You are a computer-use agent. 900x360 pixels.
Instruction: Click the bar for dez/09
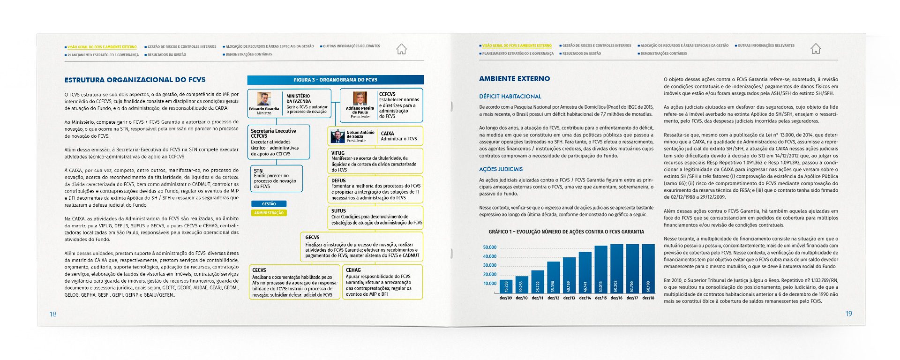click(x=506, y=286)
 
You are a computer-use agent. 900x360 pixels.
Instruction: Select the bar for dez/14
click(x=585, y=272)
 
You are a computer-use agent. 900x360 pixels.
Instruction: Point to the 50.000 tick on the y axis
click(x=489, y=247)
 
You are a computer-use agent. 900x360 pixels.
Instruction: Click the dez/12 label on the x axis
click(x=553, y=298)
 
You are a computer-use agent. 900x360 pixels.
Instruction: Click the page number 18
click(x=53, y=314)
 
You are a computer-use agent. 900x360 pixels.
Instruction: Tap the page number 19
click(x=848, y=314)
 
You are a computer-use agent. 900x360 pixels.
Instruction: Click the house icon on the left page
click(x=401, y=49)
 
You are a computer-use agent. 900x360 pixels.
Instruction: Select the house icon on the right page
click(x=816, y=48)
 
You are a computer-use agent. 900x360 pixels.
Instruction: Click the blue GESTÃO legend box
click(x=269, y=204)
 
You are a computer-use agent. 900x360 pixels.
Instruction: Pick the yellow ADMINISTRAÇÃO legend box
click(x=269, y=213)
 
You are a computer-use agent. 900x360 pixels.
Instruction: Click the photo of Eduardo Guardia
click(x=264, y=99)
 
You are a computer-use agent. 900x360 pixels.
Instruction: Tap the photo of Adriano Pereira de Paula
click(x=360, y=99)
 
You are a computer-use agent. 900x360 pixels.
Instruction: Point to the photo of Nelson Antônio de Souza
click(x=337, y=136)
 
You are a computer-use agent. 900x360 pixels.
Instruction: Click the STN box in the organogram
click(x=276, y=179)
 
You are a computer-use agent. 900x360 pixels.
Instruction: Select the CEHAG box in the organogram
click(x=382, y=282)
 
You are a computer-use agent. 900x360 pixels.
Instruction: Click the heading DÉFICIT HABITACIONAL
click(x=510, y=97)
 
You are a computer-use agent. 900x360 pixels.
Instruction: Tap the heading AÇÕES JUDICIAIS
click(x=501, y=169)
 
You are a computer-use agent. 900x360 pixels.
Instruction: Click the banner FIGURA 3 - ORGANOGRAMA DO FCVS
click(x=335, y=80)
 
